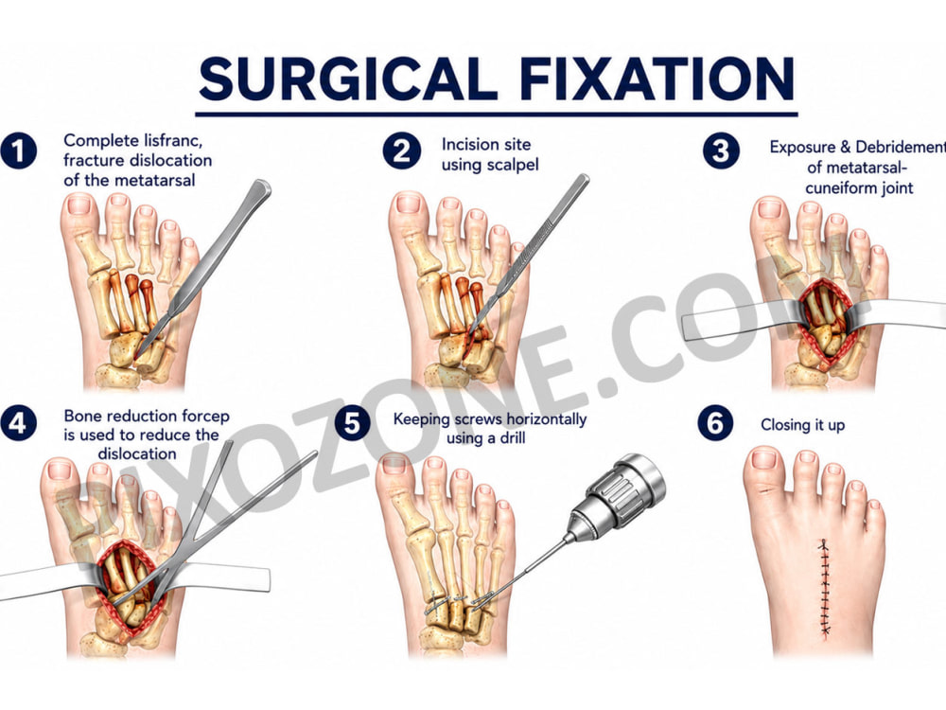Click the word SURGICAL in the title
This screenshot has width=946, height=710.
pos(349,79)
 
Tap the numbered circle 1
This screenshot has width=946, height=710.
pos(18,151)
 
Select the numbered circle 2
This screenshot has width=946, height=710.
pos(401,151)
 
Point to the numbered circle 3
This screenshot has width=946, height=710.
pos(721,151)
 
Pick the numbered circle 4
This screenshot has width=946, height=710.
pos(18,423)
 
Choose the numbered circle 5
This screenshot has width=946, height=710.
pos(352,423)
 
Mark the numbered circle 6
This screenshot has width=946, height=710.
pos(715,423)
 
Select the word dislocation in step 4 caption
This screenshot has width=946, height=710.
pos(137,453)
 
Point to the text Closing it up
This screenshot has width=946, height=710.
pos(802,425)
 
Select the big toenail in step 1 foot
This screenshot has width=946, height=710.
pos(79,205)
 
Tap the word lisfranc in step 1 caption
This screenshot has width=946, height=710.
pos(173,141)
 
